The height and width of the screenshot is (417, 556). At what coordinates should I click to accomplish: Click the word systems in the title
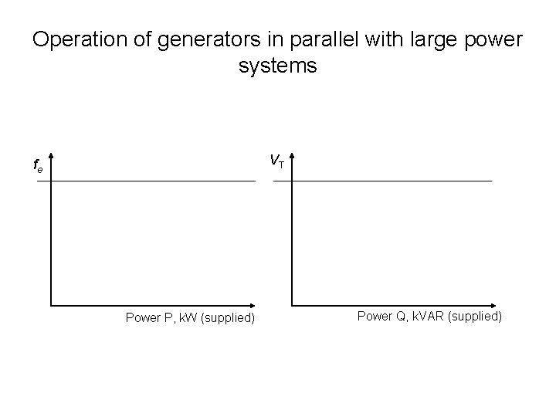pos(278,66)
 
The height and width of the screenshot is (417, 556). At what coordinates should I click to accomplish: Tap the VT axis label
pos(276,161)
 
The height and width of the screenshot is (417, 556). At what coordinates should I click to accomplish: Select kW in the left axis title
pos(185,317)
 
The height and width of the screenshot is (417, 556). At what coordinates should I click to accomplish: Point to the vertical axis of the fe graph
pos(51,239)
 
